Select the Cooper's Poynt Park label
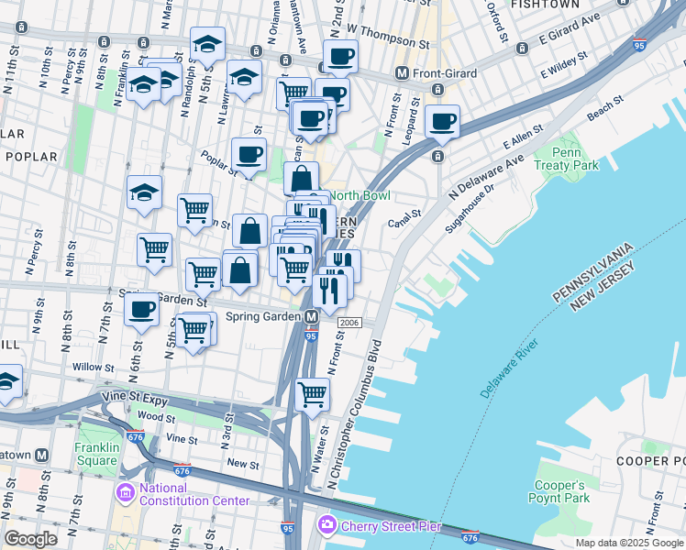point(557,491)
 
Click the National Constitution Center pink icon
point(126,493)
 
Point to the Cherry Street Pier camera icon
point(326,525)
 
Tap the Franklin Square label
point(97,455)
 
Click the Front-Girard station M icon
point(401,72)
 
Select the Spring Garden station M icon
point(312,316)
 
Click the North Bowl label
point(360,195)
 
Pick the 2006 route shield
point(349,323)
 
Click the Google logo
point(30,538)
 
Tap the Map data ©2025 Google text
point(629,543)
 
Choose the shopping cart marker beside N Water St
point(313,395)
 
